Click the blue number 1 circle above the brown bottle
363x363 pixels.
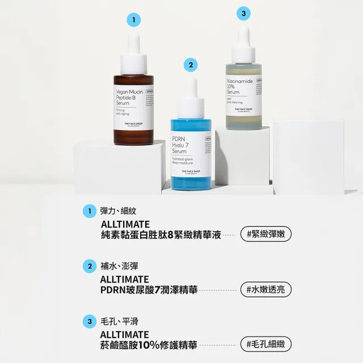coord(133,20)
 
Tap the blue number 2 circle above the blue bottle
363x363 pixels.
coord(191,65)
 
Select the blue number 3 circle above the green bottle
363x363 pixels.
coord(243,13)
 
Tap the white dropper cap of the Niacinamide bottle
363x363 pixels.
coord(244,44)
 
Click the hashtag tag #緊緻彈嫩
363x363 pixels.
coord(264,234)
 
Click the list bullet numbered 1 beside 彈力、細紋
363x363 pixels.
coord(88,212)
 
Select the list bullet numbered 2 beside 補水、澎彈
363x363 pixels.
coord(88,266)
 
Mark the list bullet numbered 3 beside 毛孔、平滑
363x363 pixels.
coord(88,322)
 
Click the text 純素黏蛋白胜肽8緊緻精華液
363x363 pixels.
coord(159,234)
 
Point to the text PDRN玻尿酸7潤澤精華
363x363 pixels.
coord(149,290)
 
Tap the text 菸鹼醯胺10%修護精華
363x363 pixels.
coord(149,344)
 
